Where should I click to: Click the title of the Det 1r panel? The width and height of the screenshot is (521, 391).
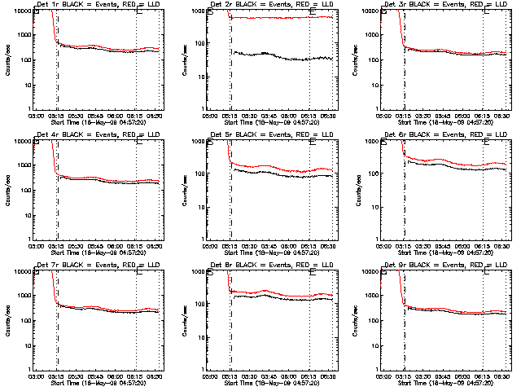[99, 5]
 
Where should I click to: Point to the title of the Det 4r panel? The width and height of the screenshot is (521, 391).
[99, 135]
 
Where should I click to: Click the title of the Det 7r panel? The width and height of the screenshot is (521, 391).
[99, 266]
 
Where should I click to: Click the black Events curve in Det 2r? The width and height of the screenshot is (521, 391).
[277, 55]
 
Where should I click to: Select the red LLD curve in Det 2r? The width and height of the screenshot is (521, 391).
[277, 17]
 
